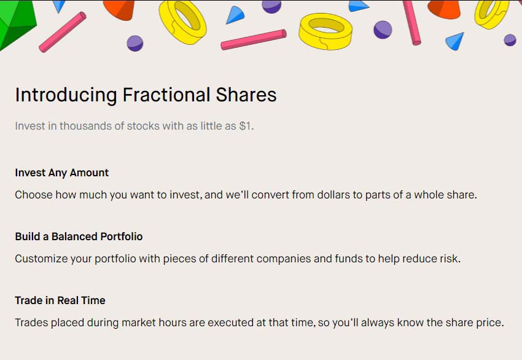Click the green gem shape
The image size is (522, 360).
point(15,22)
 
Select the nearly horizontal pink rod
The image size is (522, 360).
point(254,40)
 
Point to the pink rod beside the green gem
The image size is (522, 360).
point(63,32)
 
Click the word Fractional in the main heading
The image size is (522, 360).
point(166,95)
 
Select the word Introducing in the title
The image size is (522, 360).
point(66,95)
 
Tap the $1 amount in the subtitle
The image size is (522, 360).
point(246,126)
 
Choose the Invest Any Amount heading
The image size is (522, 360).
point(62,173)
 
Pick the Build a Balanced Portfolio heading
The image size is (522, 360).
point(79,237)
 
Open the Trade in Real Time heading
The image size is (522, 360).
point(60,300)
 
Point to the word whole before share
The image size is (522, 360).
point(428,195)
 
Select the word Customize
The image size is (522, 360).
point(41,259)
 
